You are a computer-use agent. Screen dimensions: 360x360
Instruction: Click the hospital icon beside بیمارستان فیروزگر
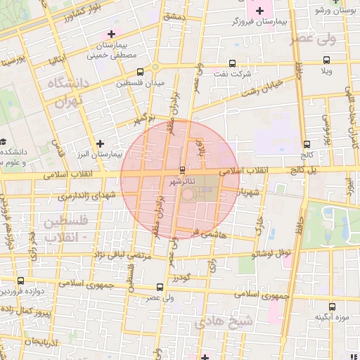point(259,11)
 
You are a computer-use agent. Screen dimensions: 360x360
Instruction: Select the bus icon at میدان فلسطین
point(140,71)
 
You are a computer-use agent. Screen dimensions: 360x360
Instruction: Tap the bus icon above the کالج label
point(304,143)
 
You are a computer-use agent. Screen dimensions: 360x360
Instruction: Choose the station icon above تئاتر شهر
point(183,169)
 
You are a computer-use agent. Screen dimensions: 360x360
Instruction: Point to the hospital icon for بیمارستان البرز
point(101,143)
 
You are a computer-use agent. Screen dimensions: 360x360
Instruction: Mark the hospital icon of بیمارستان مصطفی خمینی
point(110,33)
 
